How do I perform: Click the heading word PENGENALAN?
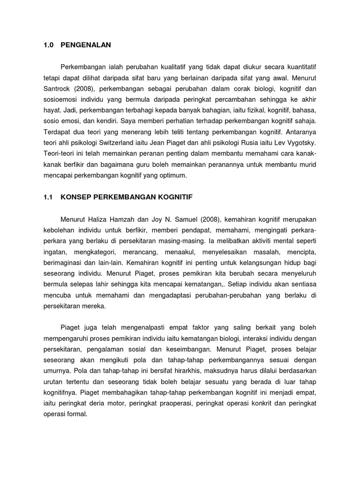pos(86,45)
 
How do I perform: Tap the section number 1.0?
pos(48,45)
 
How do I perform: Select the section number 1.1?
pos(48,198)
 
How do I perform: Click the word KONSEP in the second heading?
pos(75,198)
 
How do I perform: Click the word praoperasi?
pos(178,404)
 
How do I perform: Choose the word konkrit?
pos(266,404)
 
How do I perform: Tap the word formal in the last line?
pos(77,414)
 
